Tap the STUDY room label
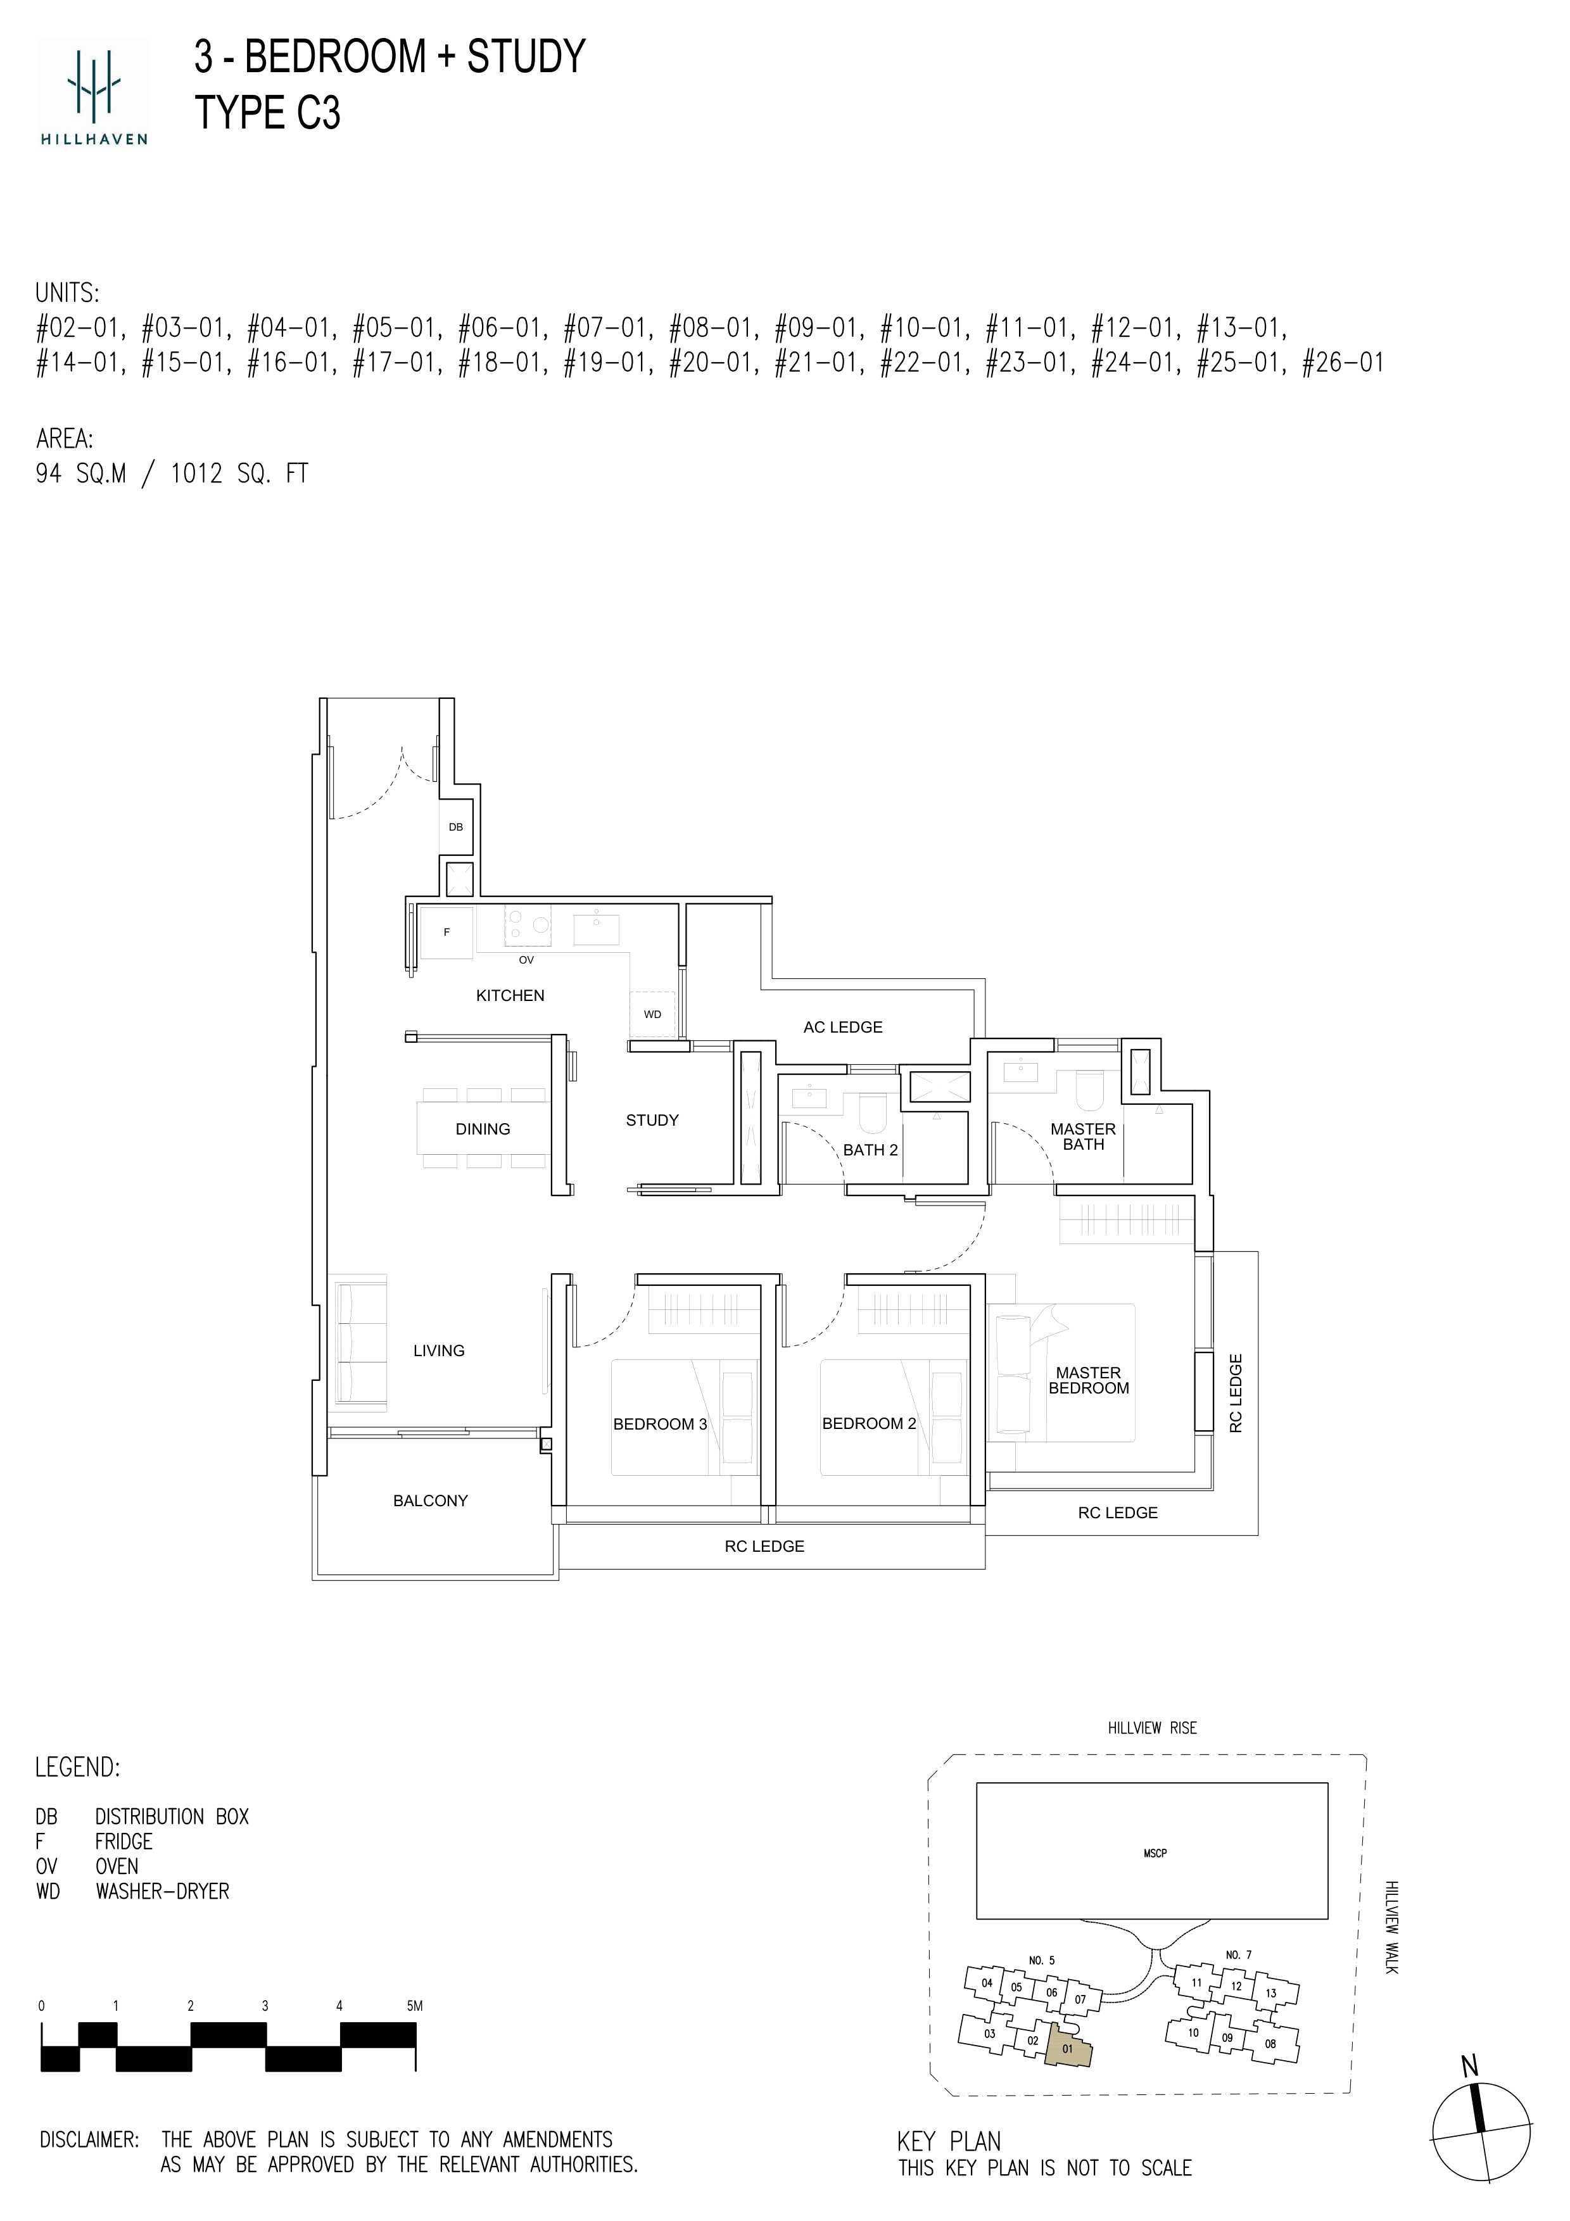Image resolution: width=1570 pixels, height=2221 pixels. coord(652,1120)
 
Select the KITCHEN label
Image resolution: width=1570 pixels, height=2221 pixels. coord(510,995)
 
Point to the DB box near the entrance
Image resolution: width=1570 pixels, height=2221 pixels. coord(455,827)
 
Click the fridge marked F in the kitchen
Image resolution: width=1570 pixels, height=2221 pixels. coord(446,933)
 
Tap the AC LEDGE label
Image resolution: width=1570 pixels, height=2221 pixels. coord(842,1028)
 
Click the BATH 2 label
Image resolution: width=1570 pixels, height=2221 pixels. coord(871,1150)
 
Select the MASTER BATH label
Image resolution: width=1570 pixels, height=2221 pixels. coord(1084,1136)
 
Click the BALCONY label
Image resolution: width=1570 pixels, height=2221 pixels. coord(431,1501)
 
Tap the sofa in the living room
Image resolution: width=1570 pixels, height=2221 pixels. coord(360,1342)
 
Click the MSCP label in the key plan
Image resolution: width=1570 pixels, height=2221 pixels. coord(1155,1853)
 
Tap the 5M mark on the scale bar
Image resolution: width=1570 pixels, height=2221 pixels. coord(414,2006)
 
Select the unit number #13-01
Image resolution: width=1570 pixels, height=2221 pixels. coord(1241,328)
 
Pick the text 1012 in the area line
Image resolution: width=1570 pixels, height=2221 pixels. coord(196,474)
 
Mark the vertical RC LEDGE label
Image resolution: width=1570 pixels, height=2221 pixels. coord(1236,1392)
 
